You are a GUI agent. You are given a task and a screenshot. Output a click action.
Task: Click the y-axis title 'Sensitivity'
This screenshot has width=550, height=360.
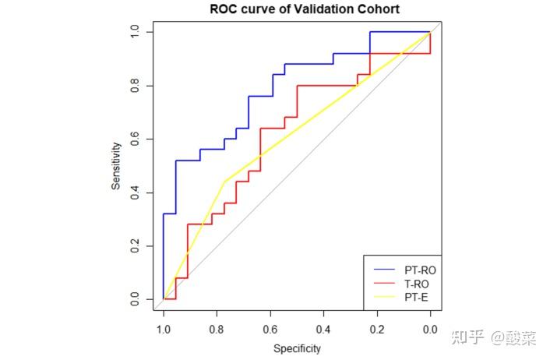pyautogui.click(x=116, y=165)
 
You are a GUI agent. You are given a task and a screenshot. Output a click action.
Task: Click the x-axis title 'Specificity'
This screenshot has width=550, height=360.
pyautogui.click(x=297, y=348)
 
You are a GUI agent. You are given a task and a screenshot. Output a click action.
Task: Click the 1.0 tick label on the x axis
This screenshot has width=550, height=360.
pyautogui.click(x=164, y=329)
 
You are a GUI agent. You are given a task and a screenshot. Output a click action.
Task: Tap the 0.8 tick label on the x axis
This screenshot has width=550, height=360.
pyautogui.click(x=217, y=329)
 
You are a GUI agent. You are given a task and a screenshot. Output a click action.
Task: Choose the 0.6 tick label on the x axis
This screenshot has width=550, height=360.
pyautogui.click(x=270, y=329)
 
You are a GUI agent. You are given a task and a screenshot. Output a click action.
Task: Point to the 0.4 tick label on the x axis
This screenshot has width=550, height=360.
pyautogui.click(x=323, y=329)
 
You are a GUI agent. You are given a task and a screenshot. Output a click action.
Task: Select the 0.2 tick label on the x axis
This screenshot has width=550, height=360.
pyautogui.click(x=377, y=329)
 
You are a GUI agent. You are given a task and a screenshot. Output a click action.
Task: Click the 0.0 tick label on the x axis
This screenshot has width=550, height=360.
pyautogui.click(x=430, y=329)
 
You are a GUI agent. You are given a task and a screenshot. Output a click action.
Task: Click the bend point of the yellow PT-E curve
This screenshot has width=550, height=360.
pyautogui.click(x=224, y=182)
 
